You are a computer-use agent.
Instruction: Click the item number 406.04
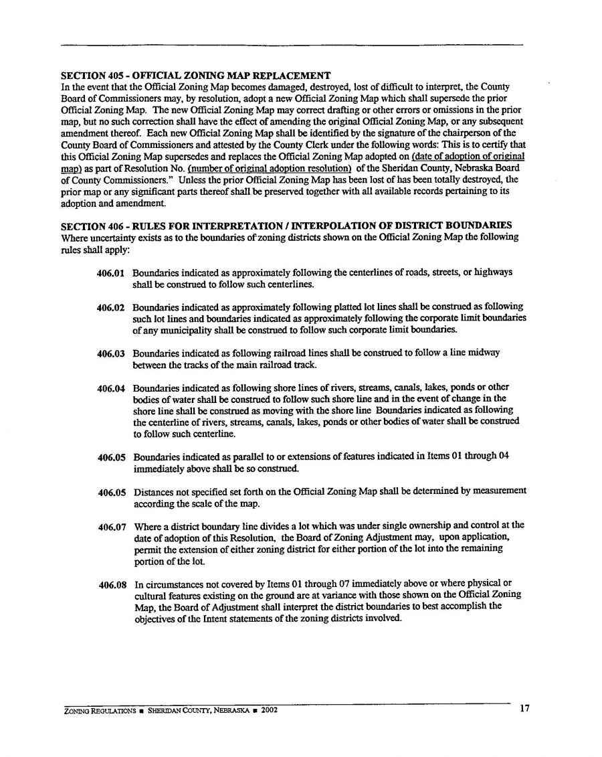pos(112,388)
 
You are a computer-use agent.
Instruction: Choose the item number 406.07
pos(112,526)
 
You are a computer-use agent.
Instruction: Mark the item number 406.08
pos(112,584)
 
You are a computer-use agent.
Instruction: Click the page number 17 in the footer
pos(524,710)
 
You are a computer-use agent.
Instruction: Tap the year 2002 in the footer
pos(269,711)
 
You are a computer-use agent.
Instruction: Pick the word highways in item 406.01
pos(494,273)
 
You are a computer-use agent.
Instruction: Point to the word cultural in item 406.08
pos(150,594)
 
